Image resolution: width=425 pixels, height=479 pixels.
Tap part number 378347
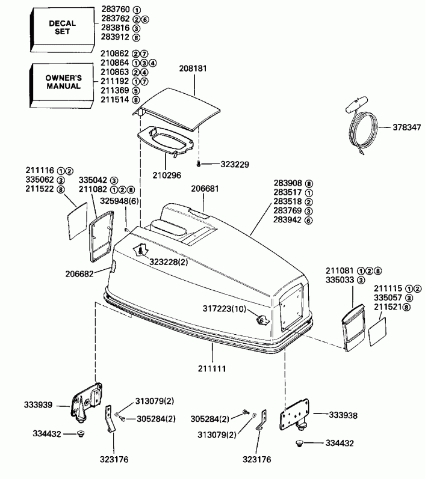(406, 127)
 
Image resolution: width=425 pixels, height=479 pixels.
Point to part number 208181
(193, 69)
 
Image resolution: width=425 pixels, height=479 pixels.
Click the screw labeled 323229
(198, 163)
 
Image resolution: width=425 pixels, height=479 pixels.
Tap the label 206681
(205, 188)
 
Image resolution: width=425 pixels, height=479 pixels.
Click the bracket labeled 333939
(84, 400)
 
